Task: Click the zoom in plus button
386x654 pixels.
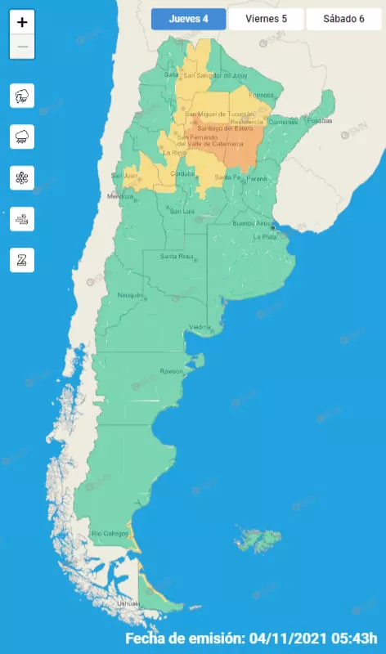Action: point(22,23)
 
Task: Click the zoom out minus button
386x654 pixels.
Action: point(22,47)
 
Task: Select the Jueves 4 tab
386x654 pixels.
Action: point(187,19)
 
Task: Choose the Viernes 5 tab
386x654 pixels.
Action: point(266,19)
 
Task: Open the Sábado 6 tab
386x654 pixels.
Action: point(343,19)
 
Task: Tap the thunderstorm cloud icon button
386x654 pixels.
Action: point(22,96)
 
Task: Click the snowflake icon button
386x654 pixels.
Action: point(22,177)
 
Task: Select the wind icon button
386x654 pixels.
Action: point(22,218)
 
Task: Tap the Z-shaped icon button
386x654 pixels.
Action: point(22,260)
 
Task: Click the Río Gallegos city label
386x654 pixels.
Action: point(110,534)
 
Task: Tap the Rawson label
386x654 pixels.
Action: point(171,370)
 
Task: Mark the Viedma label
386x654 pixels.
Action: point(200,327)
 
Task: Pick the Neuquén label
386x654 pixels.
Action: point(130,294)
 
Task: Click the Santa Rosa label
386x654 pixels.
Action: point(176,257)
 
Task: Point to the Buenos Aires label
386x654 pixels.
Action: point(250,223)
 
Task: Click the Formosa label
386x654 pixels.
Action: point(262,95)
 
